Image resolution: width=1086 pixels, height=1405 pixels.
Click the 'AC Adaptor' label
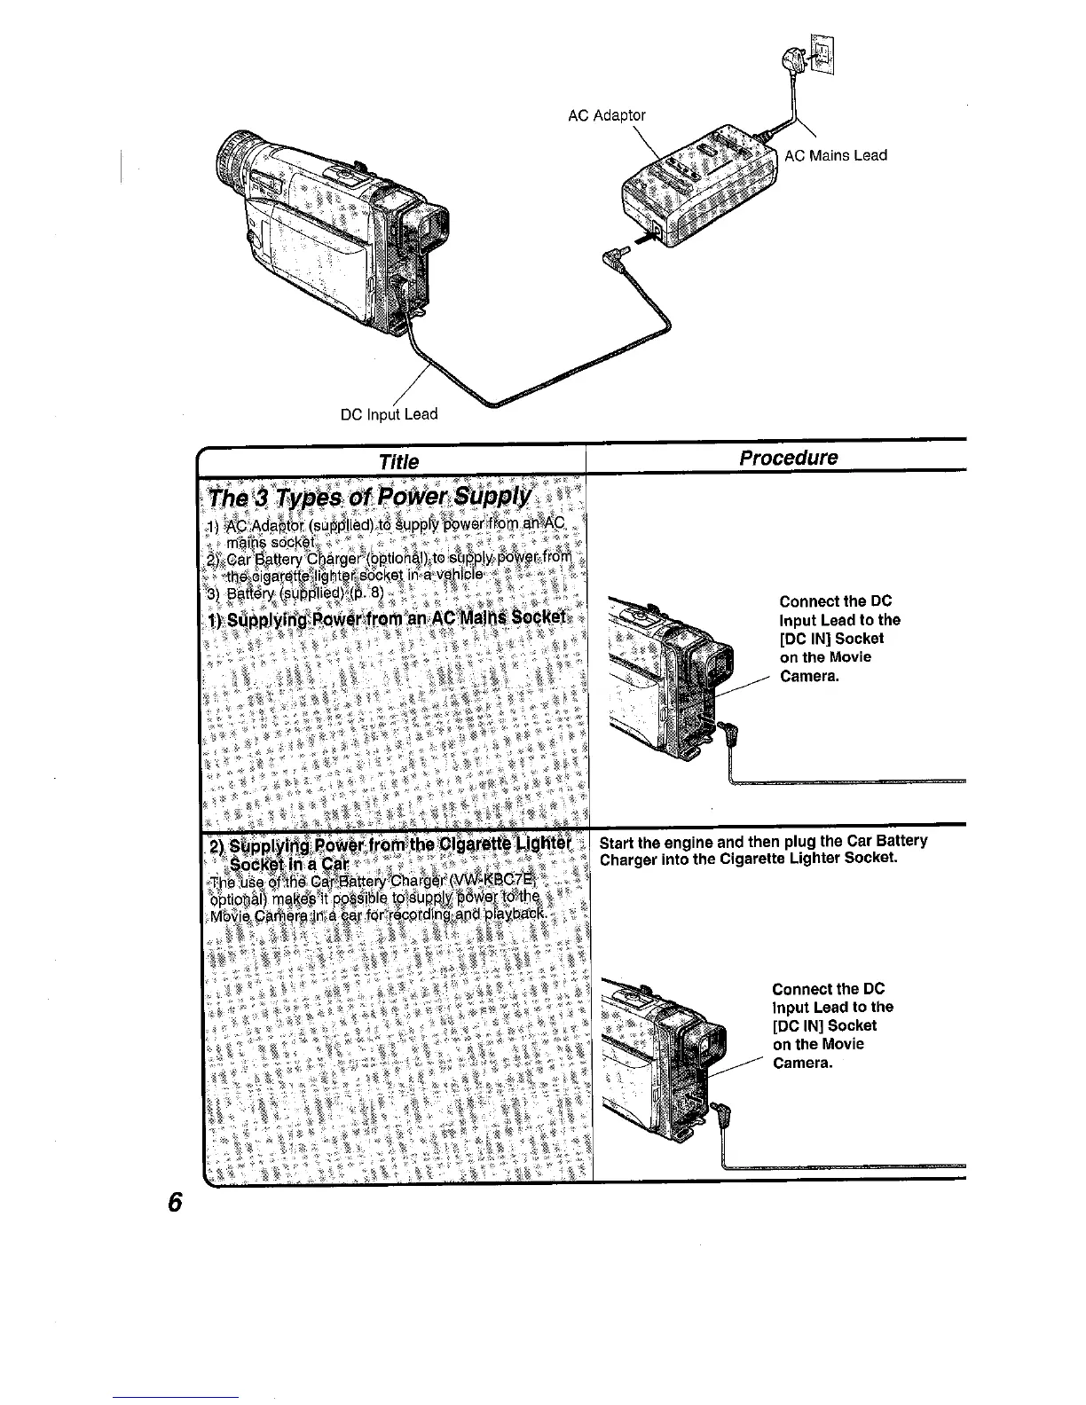tap(607, 115)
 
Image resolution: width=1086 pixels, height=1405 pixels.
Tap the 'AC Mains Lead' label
tap(836, 155)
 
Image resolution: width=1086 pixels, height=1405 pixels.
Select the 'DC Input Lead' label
tap(390, 413)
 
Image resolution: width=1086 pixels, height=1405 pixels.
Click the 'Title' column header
tap(397, 460)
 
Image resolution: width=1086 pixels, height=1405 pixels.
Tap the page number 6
tap(175, 1203)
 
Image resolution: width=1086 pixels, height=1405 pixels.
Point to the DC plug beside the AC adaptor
tap(615, 258)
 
